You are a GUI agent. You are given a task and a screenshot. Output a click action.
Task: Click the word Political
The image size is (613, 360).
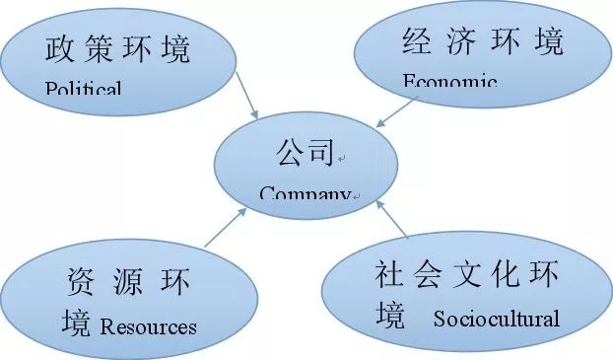[84, 89]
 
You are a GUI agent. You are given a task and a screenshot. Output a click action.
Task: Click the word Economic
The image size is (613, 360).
[449, 81]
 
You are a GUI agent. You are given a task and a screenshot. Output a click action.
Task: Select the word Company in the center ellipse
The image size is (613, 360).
[305, 193]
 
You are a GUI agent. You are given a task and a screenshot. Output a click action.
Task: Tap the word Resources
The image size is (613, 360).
[148, 326]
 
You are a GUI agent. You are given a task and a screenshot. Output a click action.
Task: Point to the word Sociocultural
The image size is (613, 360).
[496, 319]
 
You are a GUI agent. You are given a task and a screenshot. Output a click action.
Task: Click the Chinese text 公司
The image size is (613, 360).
[306, 154]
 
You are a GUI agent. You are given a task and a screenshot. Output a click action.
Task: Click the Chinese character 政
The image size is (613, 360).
[60, 49]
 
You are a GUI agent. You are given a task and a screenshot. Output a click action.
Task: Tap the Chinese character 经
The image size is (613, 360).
[420, 41]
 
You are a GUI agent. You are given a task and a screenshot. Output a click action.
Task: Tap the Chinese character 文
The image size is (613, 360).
[474, 273]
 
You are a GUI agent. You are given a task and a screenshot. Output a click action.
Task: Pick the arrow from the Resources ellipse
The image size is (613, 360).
[226, 226]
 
